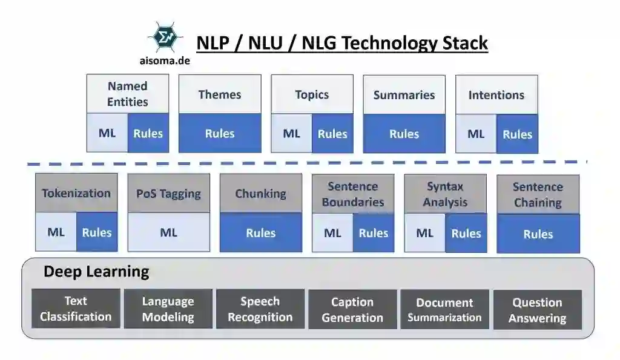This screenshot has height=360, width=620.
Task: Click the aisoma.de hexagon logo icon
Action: click(165, 38)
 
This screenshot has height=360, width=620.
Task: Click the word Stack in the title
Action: click(461, 44)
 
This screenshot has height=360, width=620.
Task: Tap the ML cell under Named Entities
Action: click(107, 133)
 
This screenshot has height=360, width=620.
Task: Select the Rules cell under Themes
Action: click(220, 134)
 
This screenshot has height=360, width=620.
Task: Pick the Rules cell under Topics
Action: click(332, 134)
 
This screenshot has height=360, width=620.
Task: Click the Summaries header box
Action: click(404, 95)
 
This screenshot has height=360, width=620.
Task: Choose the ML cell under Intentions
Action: click(476, 134)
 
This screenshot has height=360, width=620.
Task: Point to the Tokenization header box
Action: click(76, 194)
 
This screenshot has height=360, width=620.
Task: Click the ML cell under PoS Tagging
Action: click(169, 232)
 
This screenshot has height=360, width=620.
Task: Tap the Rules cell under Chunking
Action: click(261, 233)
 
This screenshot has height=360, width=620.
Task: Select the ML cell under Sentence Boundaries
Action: click(332, 233)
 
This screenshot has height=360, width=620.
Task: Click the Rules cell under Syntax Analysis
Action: click(466, 234)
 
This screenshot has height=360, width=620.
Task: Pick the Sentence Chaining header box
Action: click(538, 195)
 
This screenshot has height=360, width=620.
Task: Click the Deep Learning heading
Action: click(96, 272)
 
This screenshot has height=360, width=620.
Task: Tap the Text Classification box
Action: click(76, 309)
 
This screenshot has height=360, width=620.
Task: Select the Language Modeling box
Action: click(168, 309)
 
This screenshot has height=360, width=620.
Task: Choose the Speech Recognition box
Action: click(260, 309)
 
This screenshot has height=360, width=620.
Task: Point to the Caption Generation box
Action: click(352, 310)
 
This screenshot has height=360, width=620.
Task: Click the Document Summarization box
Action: click(444, 310)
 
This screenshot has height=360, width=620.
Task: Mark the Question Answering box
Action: click(538, 310)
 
